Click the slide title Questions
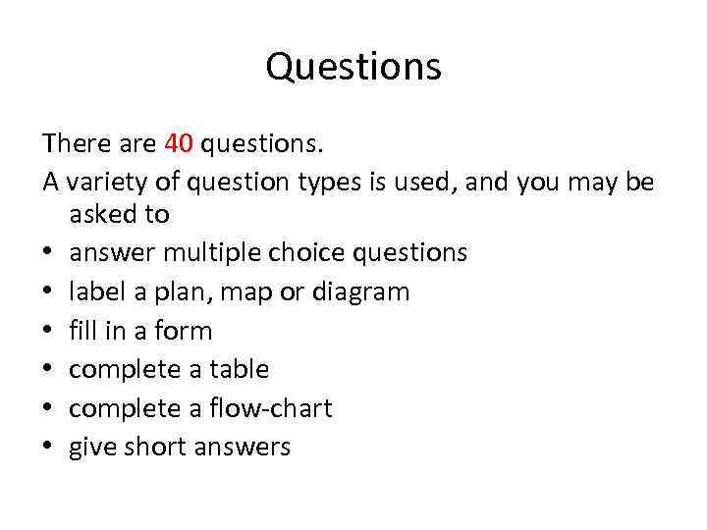point(353,68)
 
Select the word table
point(238,369)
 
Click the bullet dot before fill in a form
point(48,332)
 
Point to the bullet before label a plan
point(48,292)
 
